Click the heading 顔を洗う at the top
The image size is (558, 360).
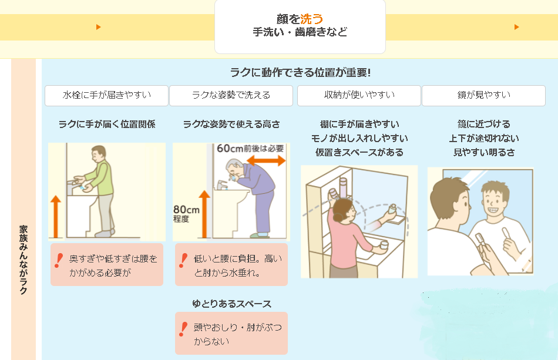(x=300, y=19)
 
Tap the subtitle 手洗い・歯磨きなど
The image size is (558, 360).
(x=300, y=32)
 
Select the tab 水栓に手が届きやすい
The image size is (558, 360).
(x=106, y=95)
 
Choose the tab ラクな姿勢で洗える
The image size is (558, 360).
(x=231, y=95)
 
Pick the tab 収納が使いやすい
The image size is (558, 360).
(x=359, y=95)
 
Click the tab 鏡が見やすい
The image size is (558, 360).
(x=483, y=95)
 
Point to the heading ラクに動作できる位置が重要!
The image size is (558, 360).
(x=300, y=72)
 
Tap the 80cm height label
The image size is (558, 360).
(x=186, y=210)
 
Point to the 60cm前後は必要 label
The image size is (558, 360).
(x=250, y=149)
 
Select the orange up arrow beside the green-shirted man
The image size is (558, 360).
(x=56, y=217)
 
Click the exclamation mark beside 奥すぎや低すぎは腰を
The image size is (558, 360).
(x=59, y=260)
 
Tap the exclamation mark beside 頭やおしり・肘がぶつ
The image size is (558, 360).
(x=183, y=329)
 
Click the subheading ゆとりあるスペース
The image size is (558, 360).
(x=231, y=304)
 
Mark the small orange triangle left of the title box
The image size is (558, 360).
(x=98, y=27)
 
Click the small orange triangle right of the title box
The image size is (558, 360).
(x=516, y=27)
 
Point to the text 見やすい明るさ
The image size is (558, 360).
(x=483, y=152)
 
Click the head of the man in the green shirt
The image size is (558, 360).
(x=97, y=154)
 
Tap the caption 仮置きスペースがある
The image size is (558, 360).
(x=359, y=152)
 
